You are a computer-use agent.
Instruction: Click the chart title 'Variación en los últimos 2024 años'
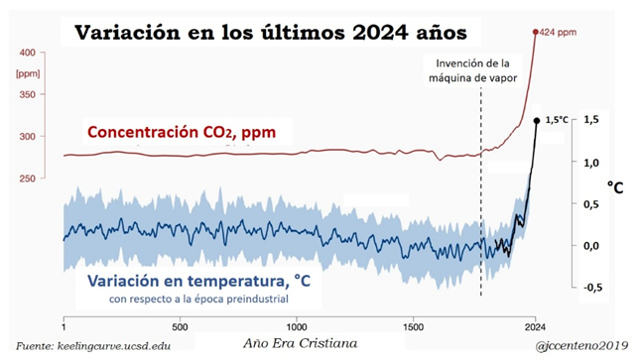point(271,33)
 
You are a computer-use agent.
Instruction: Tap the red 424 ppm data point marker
point(536,32)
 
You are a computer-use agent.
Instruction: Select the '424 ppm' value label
point(558,33)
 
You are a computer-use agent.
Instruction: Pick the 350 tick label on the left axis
point(28,94)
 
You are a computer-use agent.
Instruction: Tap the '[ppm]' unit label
point(28,73)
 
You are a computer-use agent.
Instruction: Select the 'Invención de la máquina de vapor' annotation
point(472,70)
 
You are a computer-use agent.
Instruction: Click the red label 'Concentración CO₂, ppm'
point(182,132)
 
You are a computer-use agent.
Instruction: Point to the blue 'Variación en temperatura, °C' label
point(198,281)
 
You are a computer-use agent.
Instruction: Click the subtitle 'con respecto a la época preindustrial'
point(198,300)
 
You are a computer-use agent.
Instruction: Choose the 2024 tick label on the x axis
point(535,327)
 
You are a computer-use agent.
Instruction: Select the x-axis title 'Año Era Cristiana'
point(301,344)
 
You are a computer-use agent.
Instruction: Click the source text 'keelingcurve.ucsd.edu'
point(114,346)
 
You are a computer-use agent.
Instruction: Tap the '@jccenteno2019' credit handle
point(581,346)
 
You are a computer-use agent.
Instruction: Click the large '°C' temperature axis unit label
point(615,187)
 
